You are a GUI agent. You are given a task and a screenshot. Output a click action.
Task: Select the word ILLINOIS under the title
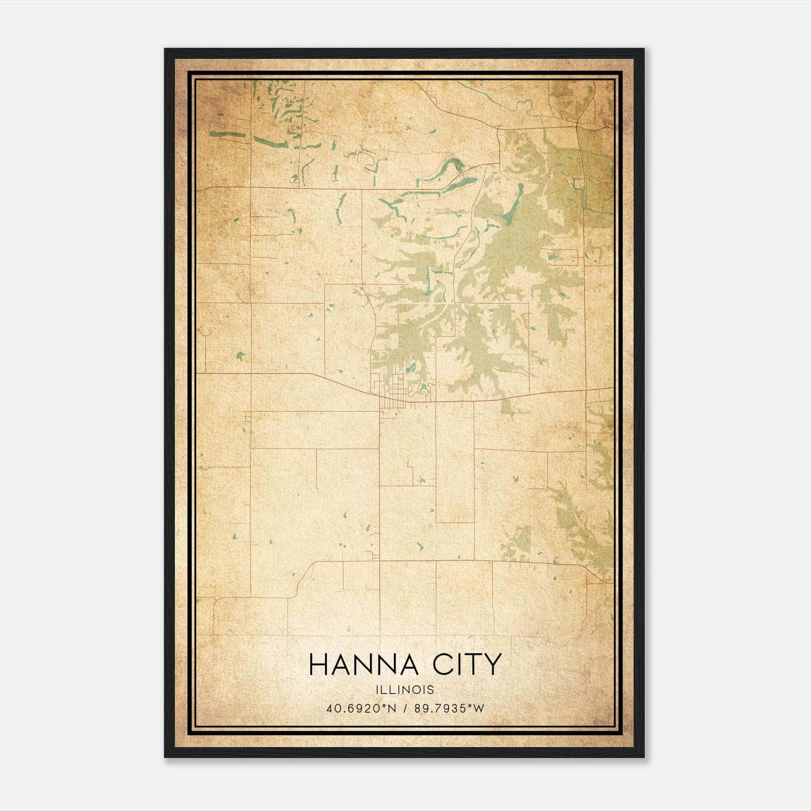coord(405,690)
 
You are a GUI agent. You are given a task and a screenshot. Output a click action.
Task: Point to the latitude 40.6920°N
coord(360,708)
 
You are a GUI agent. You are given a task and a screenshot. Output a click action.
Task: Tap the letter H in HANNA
coord(318,665)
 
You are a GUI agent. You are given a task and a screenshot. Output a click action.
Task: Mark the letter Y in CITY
coord(491,665)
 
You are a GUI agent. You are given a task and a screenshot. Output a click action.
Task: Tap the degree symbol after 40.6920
coord(383,705)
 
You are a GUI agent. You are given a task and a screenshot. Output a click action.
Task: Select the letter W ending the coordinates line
coord(479,708)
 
